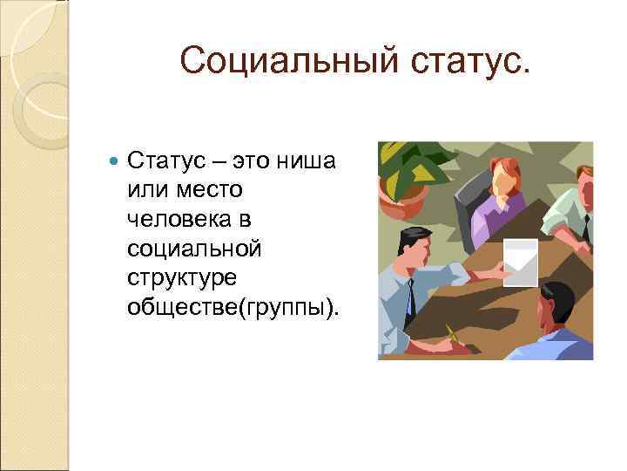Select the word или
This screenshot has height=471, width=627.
[x=148, y=189]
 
